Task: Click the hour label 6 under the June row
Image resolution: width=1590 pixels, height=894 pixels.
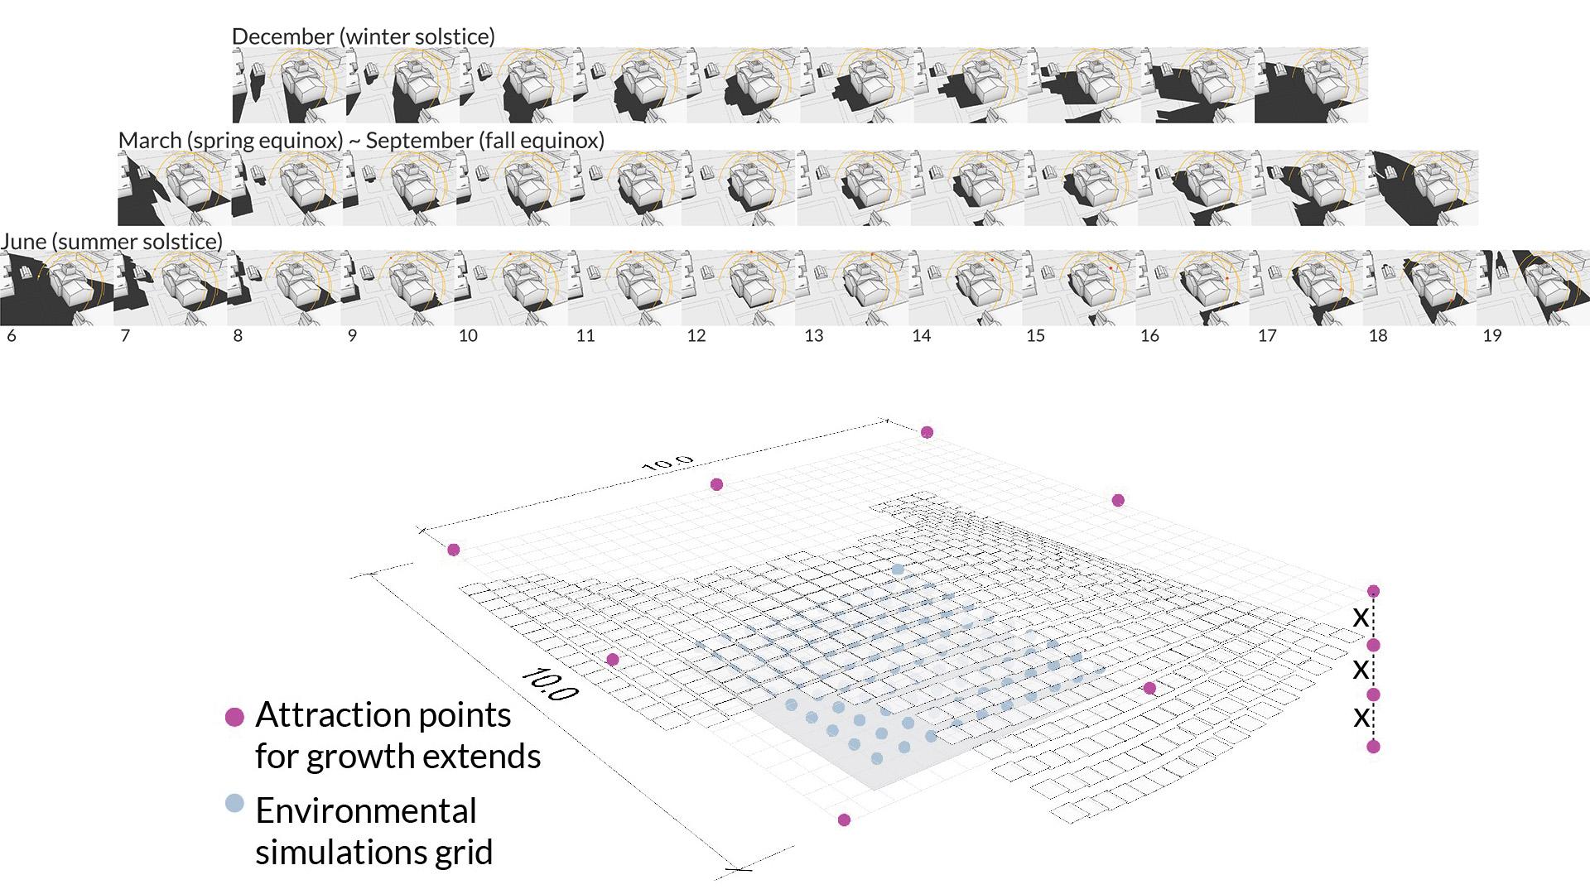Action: [12, 336]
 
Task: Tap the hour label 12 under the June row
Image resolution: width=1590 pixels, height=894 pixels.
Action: [696, 336]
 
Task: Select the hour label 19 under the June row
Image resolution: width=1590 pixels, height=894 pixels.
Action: [1492, 336]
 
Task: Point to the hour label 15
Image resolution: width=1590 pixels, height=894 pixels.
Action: [1035, 336]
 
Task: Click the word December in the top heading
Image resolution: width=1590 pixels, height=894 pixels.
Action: [282, 37]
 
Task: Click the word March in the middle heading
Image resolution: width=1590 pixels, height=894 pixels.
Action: [150, 141]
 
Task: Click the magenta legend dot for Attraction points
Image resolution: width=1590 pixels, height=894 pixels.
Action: [235, 717]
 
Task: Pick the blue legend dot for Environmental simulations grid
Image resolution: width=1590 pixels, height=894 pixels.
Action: [235, 803]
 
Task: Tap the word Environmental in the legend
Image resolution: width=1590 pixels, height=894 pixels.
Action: [366, 811]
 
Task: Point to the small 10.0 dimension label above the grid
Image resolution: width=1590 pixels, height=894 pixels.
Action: [667, 463]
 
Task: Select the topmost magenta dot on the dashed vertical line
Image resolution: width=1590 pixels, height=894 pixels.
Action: [1373, 591]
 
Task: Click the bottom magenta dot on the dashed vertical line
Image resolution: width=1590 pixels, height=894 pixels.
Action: [1373, 747]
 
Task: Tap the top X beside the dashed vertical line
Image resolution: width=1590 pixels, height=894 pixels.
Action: [1361, 618]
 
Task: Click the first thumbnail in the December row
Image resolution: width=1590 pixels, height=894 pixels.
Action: [289, 85]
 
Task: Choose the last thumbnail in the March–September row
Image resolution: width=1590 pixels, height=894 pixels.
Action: [1421, 188]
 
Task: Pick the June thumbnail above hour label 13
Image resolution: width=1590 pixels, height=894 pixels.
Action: [851, 288]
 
